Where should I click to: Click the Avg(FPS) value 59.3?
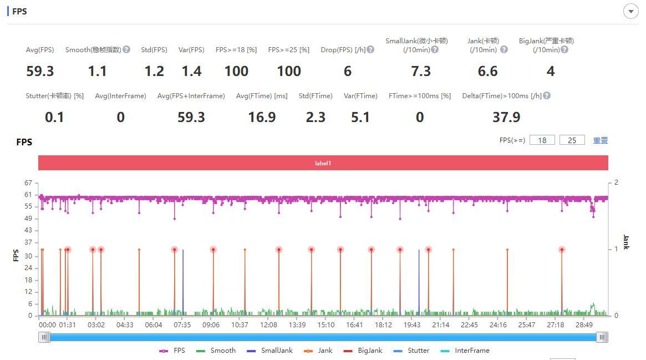click(40, 71)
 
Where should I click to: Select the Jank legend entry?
click(319, 351)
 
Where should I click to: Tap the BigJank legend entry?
click(364, 351)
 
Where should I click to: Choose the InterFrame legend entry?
click(466, 351)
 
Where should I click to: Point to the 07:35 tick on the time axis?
click(182, 325)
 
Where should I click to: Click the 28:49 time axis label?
click(584, 325)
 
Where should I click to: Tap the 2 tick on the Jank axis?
click(616, 182)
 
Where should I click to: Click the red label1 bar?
click(323, 163)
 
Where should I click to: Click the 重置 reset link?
click(601, 140)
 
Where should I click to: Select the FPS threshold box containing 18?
click(542, 140)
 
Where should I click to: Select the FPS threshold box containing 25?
click(572, 140)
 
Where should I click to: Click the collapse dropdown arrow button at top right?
click(631, 11)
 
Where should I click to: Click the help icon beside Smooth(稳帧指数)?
click(126, 49)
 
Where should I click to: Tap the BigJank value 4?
click(550, 71)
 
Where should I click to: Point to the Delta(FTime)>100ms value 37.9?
click(506, 117)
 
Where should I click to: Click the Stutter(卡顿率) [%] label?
click(54, 96)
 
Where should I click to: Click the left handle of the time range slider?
click(44, 337)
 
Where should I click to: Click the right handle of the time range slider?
click(602, 337)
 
